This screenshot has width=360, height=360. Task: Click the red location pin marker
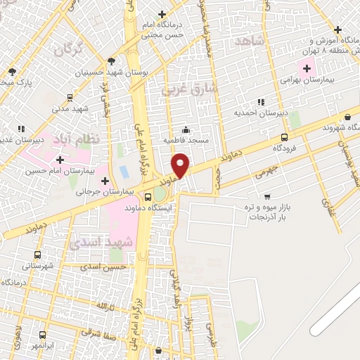click(181, 165)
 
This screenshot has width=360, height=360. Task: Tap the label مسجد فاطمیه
click(186, 141)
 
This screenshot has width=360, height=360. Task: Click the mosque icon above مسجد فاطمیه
click(186, 129)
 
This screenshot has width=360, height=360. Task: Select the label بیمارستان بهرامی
click(305, 81)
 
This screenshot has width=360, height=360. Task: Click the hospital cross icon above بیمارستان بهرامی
click(307, 68)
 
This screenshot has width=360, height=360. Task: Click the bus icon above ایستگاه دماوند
click(148, 196)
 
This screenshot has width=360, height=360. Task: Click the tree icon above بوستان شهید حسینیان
click(112, 62)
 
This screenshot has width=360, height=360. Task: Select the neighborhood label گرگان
click(67, 49)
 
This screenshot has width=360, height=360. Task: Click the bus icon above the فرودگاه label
click(284, 138)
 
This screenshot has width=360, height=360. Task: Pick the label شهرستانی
click(37, 266)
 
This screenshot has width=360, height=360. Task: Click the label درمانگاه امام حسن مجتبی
click(162, 28)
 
